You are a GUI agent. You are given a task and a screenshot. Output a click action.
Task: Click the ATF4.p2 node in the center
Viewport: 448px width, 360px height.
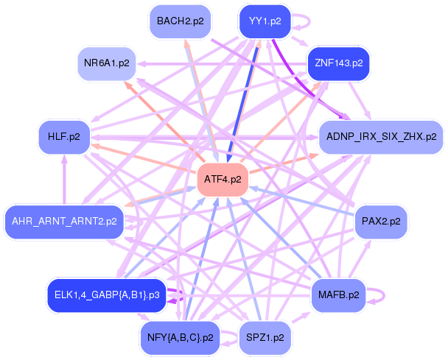tap(223, 179)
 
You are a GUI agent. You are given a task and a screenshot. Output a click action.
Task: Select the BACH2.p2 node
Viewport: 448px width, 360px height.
tap(179, 21)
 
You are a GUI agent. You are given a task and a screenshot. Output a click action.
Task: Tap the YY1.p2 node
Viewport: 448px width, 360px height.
tap(265, 21)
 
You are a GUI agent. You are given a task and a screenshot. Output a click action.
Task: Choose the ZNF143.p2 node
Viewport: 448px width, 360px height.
tap(338, 63)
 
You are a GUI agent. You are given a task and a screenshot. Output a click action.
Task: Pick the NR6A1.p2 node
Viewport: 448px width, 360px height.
tap(107, 63)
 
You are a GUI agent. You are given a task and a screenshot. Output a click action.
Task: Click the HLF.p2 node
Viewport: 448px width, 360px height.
tap(64, 137)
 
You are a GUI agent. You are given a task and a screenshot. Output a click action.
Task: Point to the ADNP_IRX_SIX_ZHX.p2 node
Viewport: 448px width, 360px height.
tap(381, 137)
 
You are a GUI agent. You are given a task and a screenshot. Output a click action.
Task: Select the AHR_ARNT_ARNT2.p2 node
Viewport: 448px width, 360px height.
tap(65, 220)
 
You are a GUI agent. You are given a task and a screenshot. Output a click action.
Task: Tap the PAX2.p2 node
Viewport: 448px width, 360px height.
tap(380, 220)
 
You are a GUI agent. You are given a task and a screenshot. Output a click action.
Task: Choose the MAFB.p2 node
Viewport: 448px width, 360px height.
tap(338, 294)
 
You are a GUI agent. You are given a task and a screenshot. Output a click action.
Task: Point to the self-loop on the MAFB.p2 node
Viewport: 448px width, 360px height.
tap(378, 294)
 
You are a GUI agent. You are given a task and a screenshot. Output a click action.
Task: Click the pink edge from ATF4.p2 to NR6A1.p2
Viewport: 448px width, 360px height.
tap(165, 122)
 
